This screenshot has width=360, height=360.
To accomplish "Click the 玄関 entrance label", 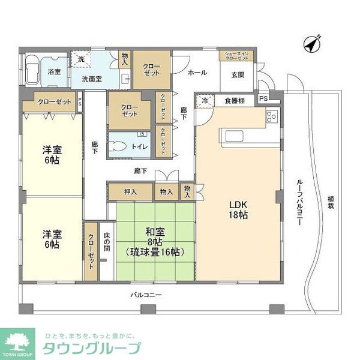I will [237, 74].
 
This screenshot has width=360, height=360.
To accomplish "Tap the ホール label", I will [197, 73].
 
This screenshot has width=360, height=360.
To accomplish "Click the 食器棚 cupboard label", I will [234, 100].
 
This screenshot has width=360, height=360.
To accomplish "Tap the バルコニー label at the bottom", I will [146, 295].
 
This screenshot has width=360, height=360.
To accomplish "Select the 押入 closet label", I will [130, 192].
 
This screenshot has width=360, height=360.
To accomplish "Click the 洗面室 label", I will [91, 79].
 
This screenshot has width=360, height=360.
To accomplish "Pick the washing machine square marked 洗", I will [82, 59].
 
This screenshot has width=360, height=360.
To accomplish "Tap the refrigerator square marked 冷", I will [205, 101].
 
